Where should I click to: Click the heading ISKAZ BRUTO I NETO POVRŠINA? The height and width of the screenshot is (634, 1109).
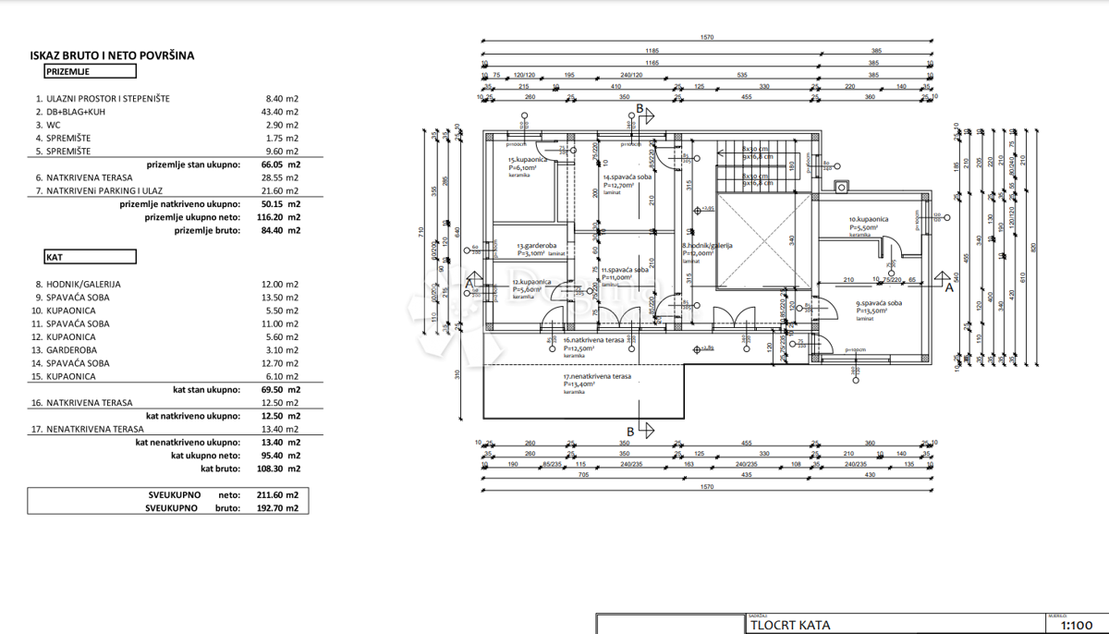point(112,55)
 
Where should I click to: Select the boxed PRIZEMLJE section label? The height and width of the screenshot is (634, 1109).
point(90,71)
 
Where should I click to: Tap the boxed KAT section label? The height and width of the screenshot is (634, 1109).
point(90,257)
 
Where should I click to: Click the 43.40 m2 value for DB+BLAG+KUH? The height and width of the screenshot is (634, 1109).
point(282,111)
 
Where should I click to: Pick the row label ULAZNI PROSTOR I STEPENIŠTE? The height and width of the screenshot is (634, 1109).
point(116,98)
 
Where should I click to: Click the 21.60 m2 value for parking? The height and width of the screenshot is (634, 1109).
point(282,190)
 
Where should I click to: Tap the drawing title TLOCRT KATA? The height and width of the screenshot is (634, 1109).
point(790,625)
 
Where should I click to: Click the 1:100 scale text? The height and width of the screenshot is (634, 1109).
point(1077,626)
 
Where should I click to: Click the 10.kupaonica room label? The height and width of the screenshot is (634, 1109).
point(869,220)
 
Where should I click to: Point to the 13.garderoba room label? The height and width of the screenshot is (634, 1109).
point(534,247)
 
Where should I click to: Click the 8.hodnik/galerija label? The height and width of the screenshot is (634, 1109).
point(707,246)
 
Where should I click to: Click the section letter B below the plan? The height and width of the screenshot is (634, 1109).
point(631,432)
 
